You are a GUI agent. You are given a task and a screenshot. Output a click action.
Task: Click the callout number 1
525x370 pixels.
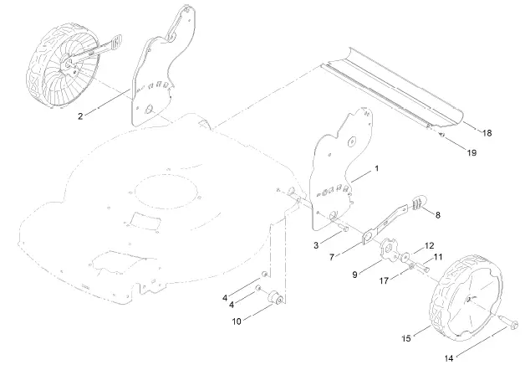pyautogui.click(x=376, y=168)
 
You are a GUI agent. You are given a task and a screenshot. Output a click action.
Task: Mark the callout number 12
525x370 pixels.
pyautogui.click(x=429, y=246)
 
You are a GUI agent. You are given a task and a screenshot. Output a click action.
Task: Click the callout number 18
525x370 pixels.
pyautogui.click(x=487, y=132)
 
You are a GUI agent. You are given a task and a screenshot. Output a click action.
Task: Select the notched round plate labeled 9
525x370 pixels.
pyautogui.click(x=387, y=249)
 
